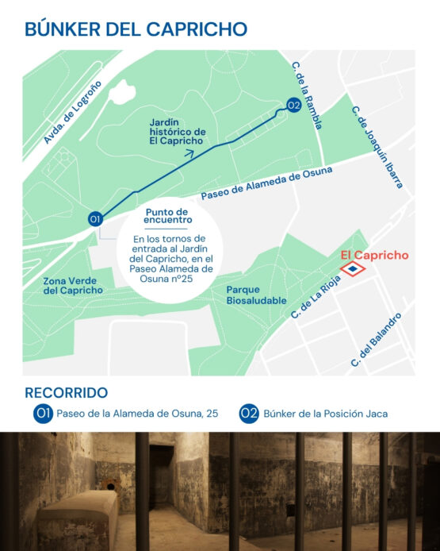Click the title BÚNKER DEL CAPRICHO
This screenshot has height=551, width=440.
coord(136,29)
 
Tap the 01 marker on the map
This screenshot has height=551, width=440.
coord(96,219)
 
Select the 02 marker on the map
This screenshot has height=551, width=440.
coord(293,106)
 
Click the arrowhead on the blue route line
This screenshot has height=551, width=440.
coord(189,154)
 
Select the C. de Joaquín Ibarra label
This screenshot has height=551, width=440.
coord(378,147)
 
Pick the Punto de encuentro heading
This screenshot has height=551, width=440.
coord(168,216)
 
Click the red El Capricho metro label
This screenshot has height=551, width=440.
coord(374,256)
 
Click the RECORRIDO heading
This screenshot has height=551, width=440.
coord(67,393)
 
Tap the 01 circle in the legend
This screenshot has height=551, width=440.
coord(43,413)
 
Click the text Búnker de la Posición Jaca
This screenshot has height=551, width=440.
coord(325,414)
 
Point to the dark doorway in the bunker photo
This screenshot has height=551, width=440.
coord(162,476)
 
